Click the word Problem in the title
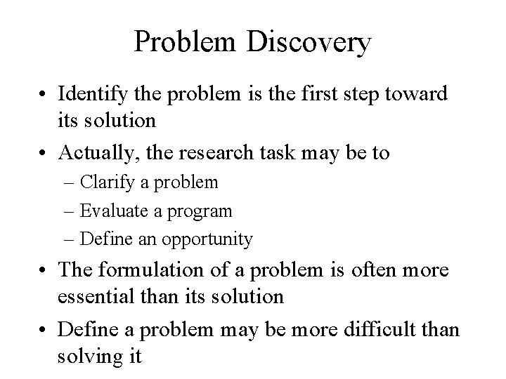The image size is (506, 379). pyautogui.click(x=181, y=43)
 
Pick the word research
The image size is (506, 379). pyautogui.click(x=220, y=153)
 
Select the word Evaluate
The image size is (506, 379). pyautogui.click(x=113, y=211)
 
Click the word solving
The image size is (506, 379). pyautogui.click(x=90, y=355)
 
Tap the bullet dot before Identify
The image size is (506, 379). pyautogui.click(x=46, y=95)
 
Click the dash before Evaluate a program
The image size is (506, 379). pyautogui.click(x=72, y=211)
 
